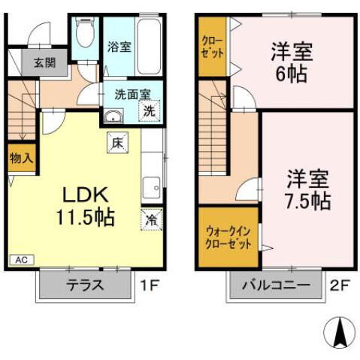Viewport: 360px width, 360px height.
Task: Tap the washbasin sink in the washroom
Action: click(114, 115)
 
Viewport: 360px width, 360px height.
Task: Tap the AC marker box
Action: click(23, 260)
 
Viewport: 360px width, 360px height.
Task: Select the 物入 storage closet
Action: click(20, 158)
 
